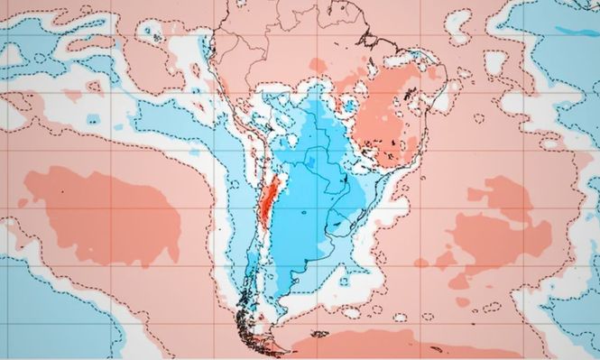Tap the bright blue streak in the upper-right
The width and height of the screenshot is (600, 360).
click(574, 31)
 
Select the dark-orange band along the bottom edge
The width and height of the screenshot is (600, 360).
click(379, 347)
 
